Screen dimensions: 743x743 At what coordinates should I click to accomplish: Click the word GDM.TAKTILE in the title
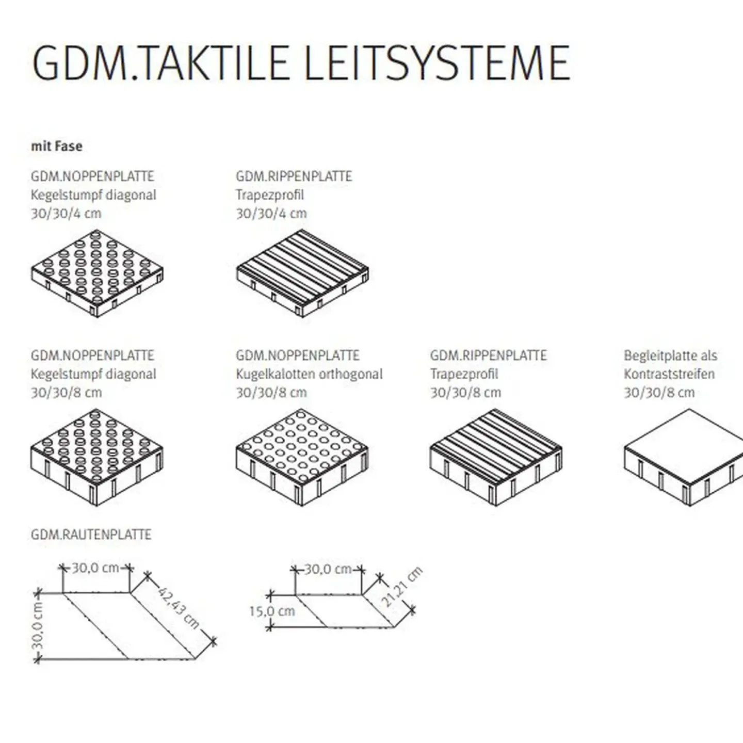click(x=160, y=63)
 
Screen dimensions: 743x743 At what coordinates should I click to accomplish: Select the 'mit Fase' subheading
click(x=57, y=147)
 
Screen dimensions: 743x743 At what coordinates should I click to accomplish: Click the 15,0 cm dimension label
click(x=272, y=611)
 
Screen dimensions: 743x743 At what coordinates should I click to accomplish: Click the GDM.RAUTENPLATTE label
click(x=91, y=535)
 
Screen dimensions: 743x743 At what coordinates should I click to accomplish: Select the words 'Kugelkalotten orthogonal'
click(x=309, y=374)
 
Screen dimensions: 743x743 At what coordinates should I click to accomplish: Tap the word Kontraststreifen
click(x=669, y=374)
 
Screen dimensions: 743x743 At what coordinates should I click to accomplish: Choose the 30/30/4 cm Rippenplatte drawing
click(x=302, y=273)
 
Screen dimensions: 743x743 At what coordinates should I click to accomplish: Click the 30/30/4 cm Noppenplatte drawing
click(x=97, y=273)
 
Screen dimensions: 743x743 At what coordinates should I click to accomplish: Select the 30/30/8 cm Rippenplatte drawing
click(x=496, y=457)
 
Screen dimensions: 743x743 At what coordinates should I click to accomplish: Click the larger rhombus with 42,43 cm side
click(x=129, y=626)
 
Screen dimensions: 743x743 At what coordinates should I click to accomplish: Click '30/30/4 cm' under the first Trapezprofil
click(x=271, y=214)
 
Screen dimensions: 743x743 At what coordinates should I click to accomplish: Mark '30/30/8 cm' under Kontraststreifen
click(x=659, y=393)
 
